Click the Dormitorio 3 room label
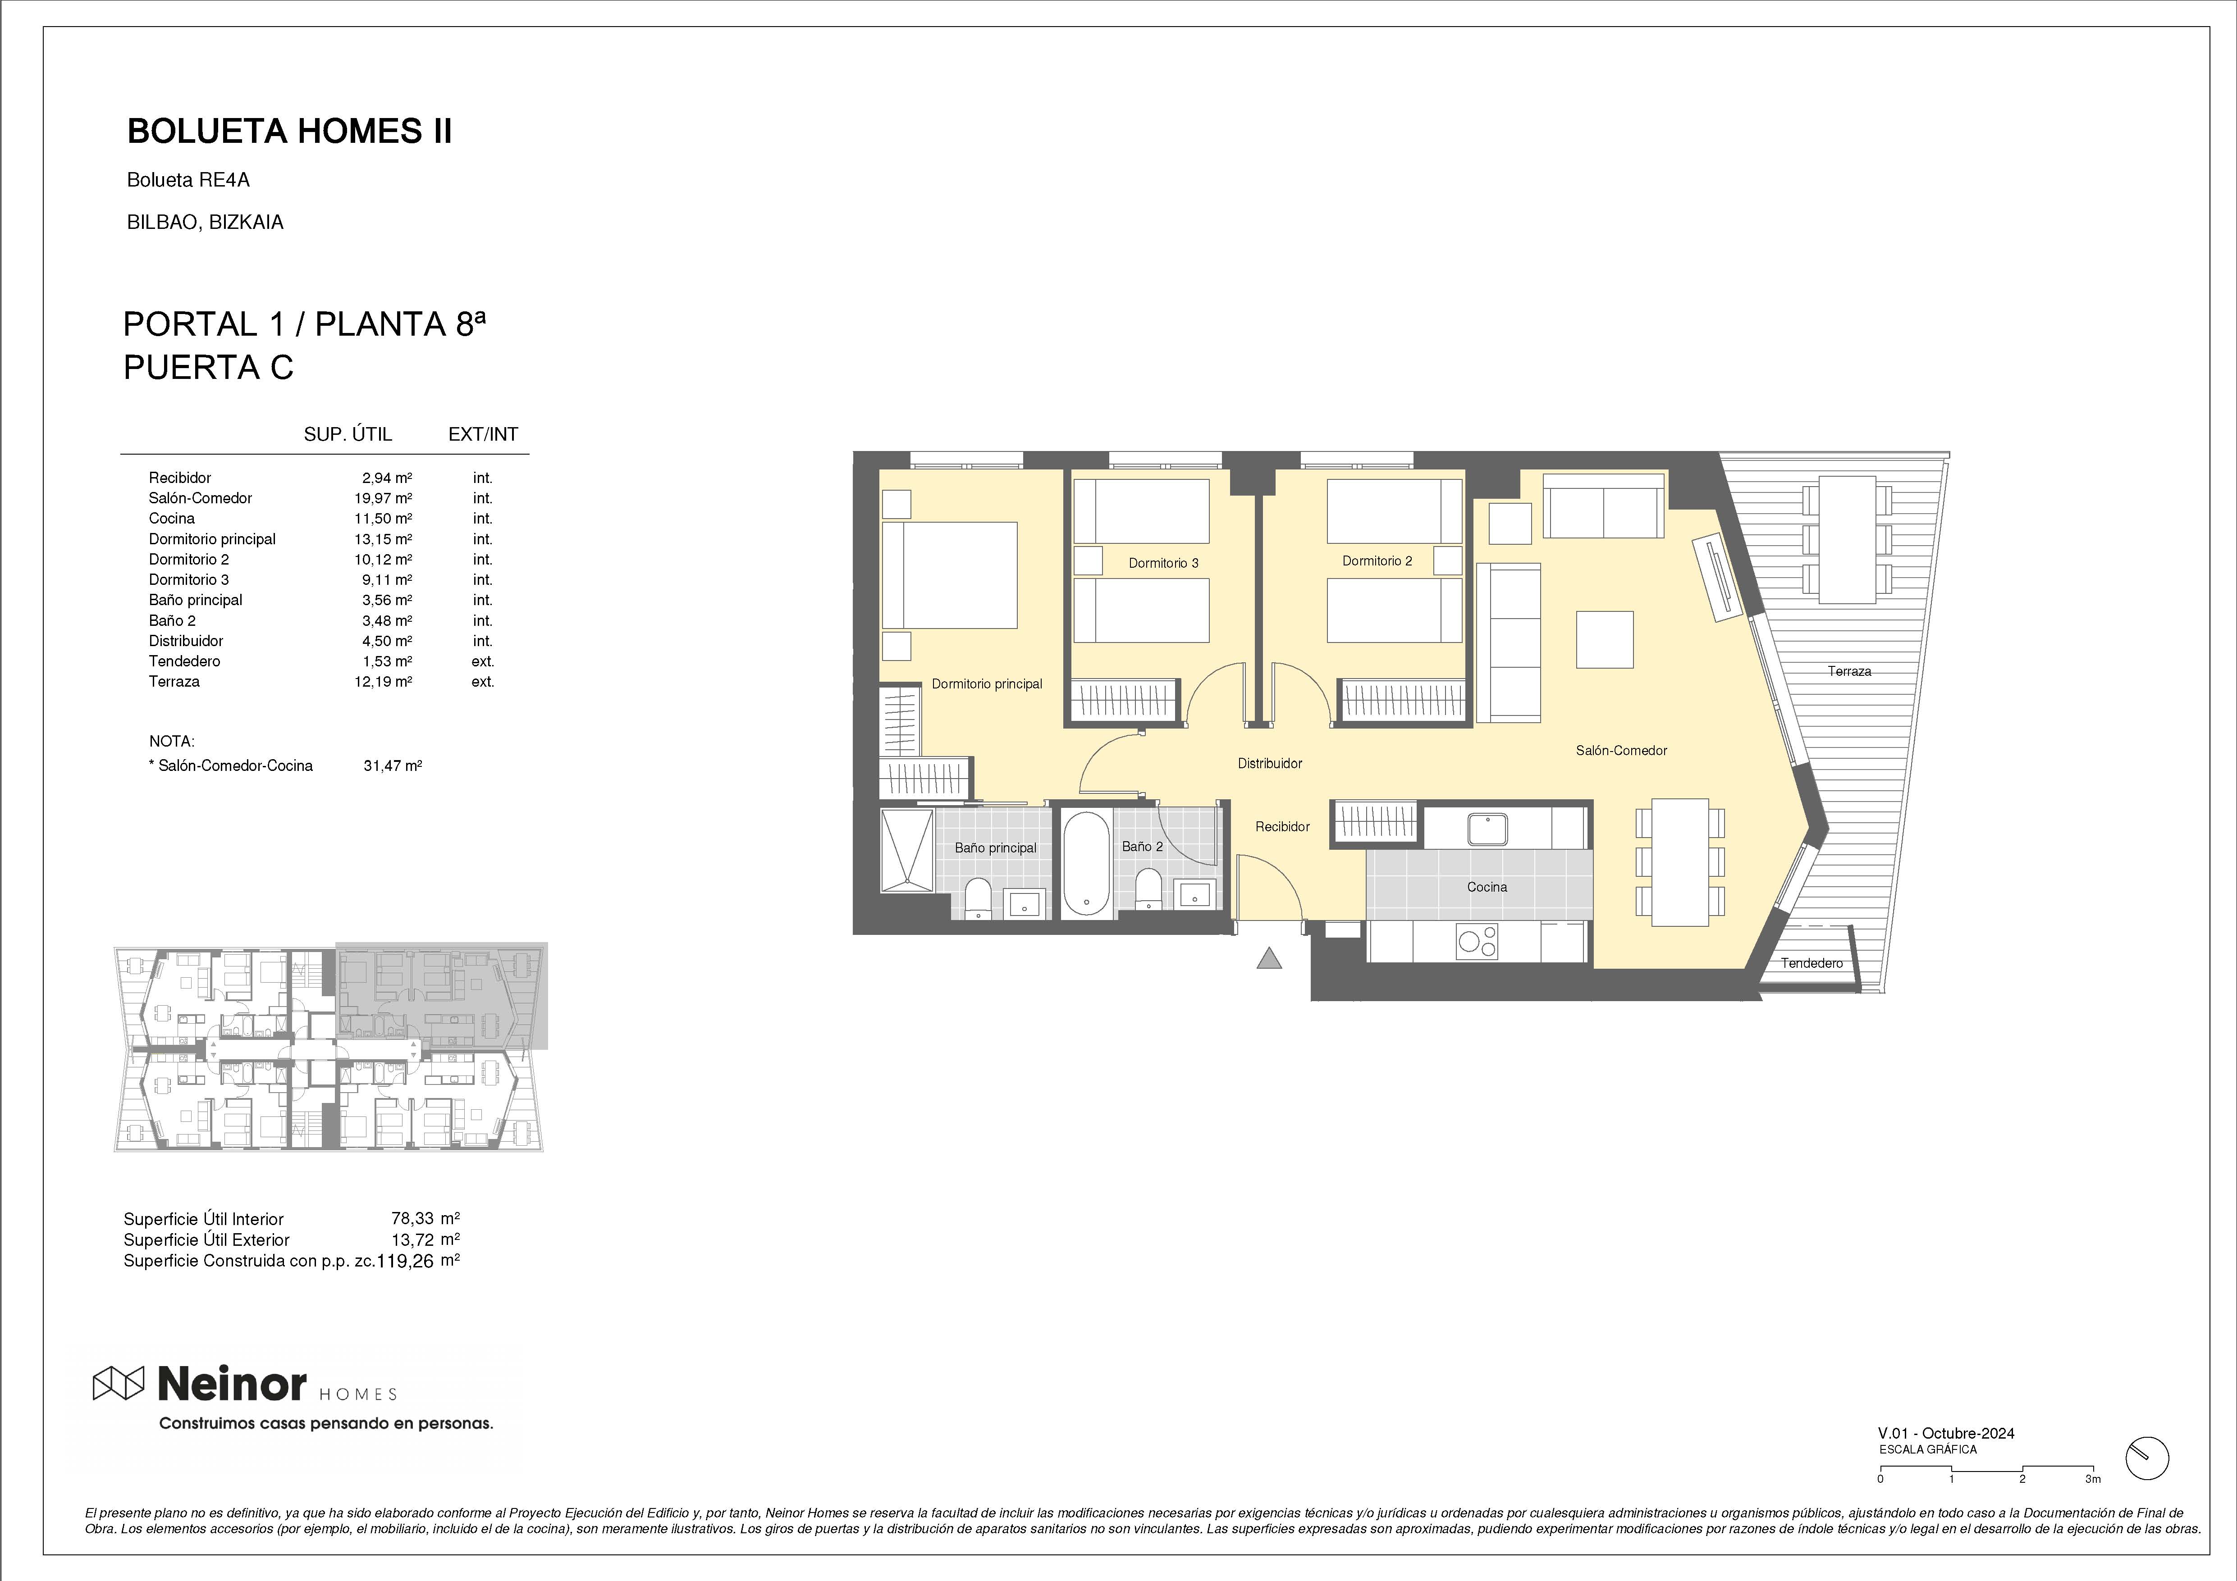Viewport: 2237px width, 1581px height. [1163, 563]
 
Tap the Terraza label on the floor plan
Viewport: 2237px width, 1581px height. [1849, 671]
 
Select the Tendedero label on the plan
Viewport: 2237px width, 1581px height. [1811, 963]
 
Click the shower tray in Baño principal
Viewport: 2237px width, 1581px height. [907, 850]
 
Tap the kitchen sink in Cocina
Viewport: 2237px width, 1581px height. [1488, 829]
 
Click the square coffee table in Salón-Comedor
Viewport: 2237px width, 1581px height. [1605, 639]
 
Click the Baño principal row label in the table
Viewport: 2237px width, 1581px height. [196, 600]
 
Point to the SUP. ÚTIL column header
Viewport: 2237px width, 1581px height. [348, 434]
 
